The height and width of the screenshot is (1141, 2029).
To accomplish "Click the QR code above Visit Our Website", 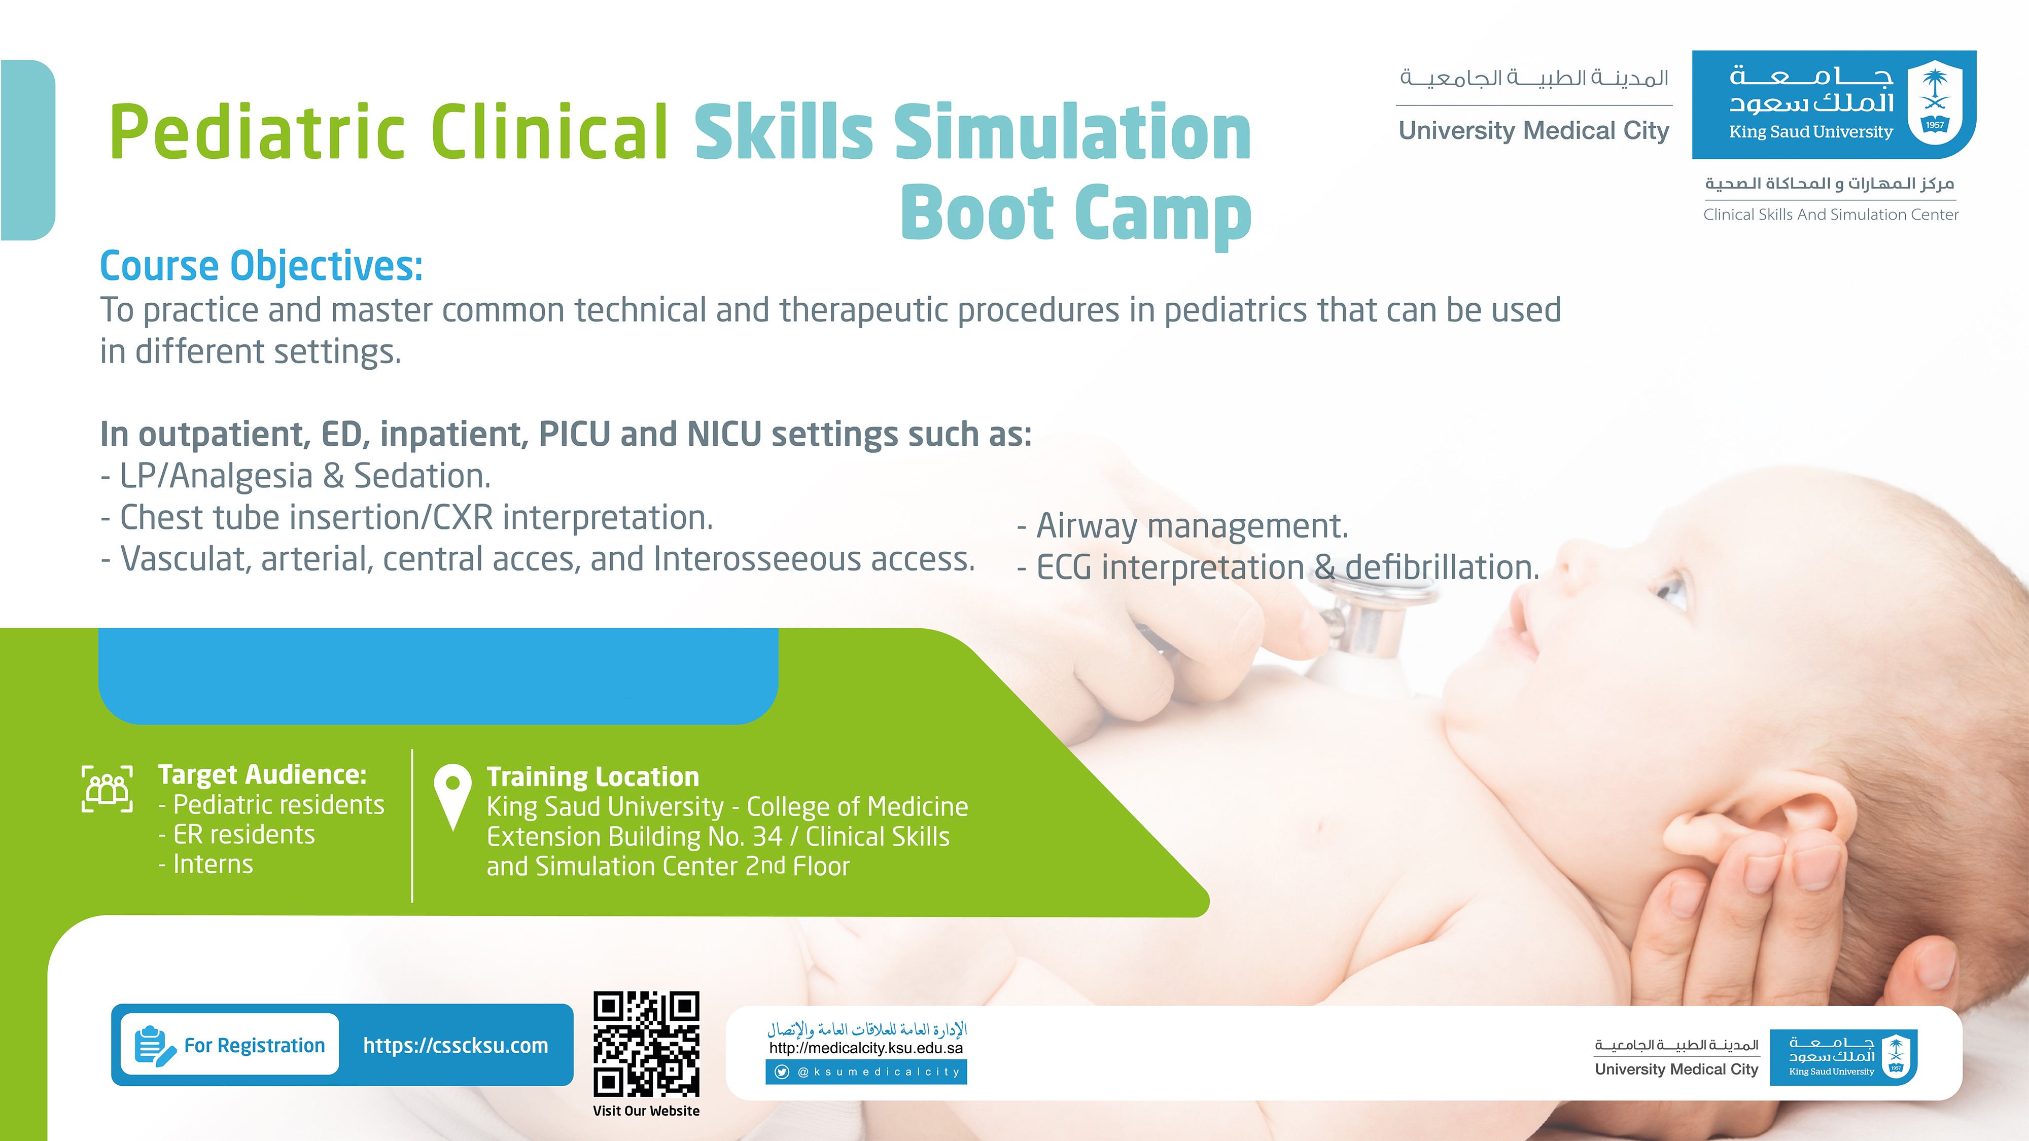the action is coord(646,1043).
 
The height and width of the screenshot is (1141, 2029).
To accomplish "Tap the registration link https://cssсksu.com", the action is coord(456,1045).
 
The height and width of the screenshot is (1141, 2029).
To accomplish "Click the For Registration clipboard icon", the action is coord(154,1046).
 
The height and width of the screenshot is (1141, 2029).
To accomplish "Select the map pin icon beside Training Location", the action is coord(453,797).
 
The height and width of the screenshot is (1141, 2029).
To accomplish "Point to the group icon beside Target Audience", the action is coord(107,788).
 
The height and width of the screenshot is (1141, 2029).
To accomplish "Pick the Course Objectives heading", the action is coord(262,266).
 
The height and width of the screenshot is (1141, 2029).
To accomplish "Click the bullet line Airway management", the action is coord(1182,526).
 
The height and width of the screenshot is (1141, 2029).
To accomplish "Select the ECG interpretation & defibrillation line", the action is coord(1278,567).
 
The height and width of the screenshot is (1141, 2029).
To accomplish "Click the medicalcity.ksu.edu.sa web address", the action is coord(866,1048).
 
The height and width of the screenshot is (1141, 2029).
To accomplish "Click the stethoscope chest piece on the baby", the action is coord(1362,622).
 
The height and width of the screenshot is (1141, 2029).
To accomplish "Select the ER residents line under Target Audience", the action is coord(236,834).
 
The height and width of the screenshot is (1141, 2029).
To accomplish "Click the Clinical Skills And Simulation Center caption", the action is coord(1831,214).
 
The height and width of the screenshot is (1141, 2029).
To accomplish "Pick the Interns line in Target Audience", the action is coord(205,864).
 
